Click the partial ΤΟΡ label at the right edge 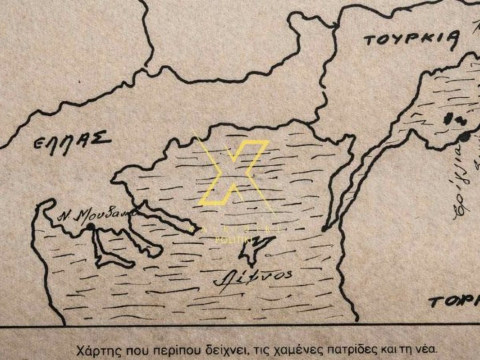(x=454, y=301)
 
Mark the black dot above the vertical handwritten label (x=464, y=137)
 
